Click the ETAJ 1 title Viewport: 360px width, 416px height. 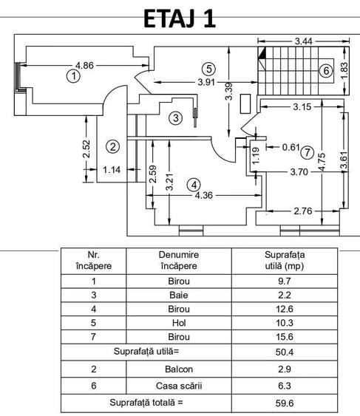click(180, 18)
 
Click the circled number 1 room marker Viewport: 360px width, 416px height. click(73, 76)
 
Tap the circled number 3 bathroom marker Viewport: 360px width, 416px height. click(176, 117)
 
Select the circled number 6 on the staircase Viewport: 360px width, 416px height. click(326, 71)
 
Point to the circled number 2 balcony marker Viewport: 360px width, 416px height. click(113, 146)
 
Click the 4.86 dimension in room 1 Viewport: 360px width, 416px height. click(85, 65)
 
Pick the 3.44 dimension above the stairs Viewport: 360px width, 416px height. click(304, 41)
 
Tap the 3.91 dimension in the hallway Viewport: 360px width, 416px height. click(206, 82)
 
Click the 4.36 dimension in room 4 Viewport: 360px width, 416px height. click(204, 196)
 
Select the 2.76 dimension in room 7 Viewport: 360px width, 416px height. click(303, 211)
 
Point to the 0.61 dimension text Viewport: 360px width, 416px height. click(291, 147)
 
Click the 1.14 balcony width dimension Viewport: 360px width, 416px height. click(112, 169)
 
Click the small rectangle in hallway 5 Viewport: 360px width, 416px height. click(245, 103)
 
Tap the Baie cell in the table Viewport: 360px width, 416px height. click(179, 295)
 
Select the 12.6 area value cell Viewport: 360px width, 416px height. click(285, 309)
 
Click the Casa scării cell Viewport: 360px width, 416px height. click(179, 386)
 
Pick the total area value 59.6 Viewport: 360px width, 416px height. click(285, 403)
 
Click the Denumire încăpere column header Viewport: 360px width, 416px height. click(179, 260)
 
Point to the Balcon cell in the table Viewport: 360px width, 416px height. click(179, 369)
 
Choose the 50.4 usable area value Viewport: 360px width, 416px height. click(285, 352)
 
